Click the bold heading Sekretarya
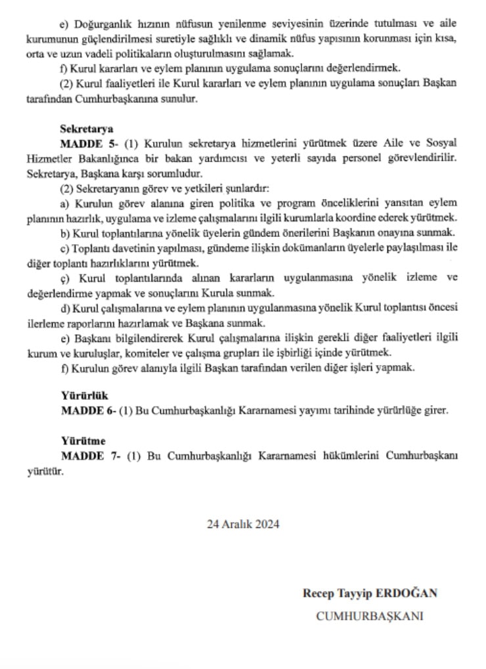(87, 129)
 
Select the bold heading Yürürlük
(84, 396)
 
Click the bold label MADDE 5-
(88, 144)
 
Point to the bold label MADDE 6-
(88, 411)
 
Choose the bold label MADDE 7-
(88, 456)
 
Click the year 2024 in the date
(267, 524)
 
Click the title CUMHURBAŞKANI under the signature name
(370, 616)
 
